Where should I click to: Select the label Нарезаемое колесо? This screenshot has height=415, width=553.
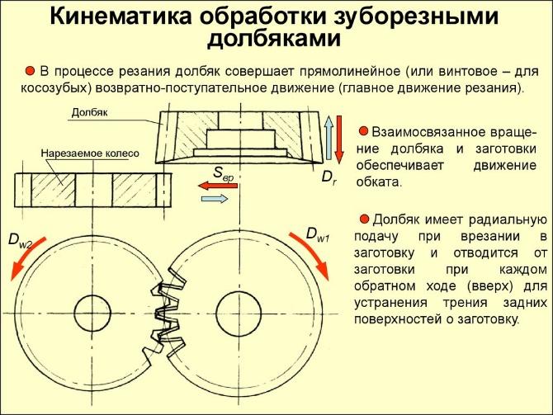coord(91,153)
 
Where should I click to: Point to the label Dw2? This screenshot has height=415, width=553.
coord(20,239)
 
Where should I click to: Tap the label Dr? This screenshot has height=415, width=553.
coord(328,176)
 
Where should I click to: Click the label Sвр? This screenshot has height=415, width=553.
coord(225,172)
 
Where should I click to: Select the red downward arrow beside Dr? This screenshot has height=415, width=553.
coord(338,139)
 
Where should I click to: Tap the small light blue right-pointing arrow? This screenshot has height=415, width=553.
coord(216,199)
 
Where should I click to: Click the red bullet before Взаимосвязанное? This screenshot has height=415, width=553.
coord(362,130)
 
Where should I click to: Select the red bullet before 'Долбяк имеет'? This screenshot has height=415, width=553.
coord(362,219)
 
